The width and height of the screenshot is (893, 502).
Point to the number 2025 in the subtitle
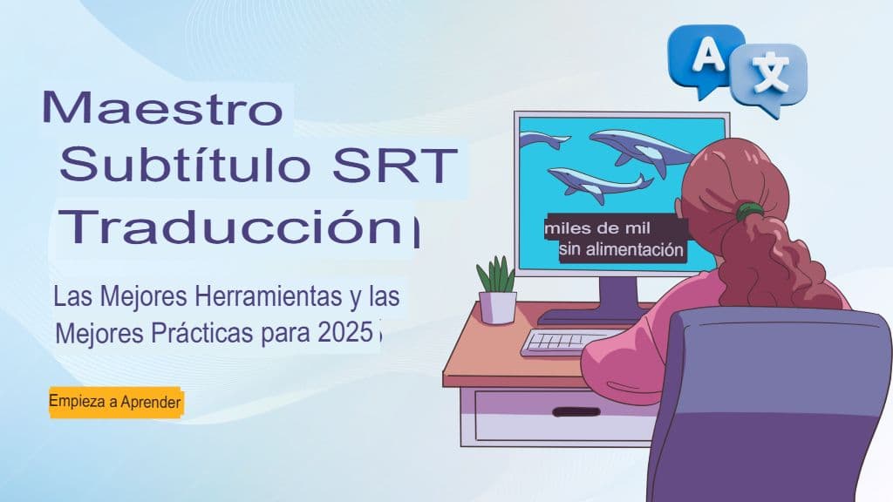coord(339,332)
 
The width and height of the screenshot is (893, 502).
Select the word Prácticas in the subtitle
coord(180,332)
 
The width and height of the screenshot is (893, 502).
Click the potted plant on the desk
coord(497,291)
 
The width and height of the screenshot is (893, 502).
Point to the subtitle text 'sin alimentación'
coord(621,251)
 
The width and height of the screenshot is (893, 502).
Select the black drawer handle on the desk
coord(575,411)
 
